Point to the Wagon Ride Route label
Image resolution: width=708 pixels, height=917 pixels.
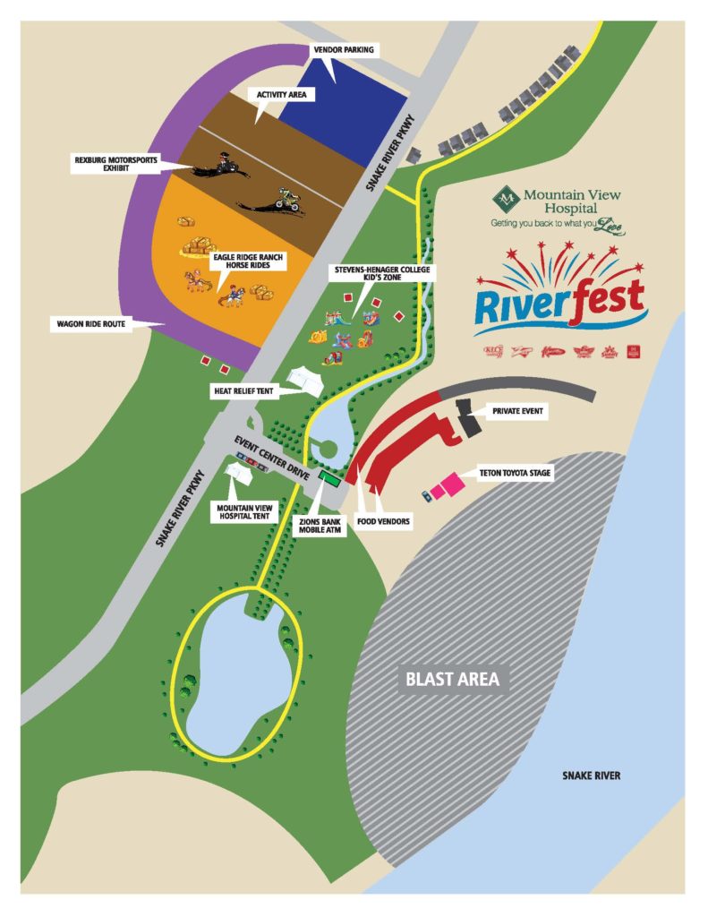[87, 323]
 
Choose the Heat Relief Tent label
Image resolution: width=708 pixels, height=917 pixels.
[246, 391]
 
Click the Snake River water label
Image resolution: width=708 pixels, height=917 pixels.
[591, 776]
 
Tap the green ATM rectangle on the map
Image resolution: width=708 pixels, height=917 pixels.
[329, 479]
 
